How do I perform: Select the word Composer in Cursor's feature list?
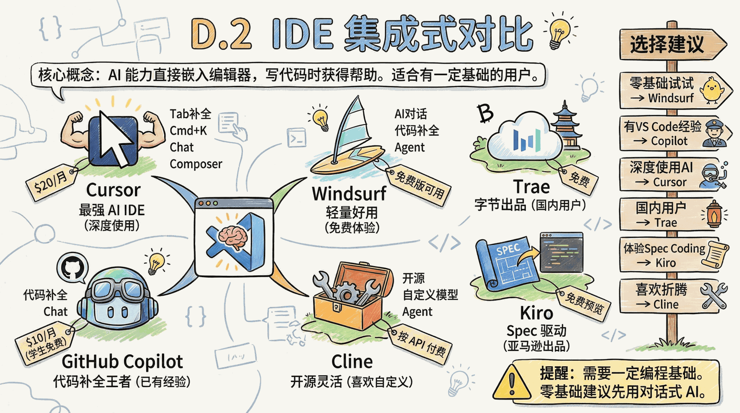[196, 164]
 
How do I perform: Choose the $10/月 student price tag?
[46, 344]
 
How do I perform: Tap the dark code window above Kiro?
[561, 252]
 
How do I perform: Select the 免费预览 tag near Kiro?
[583, 302]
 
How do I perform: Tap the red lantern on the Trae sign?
[714, 215]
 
